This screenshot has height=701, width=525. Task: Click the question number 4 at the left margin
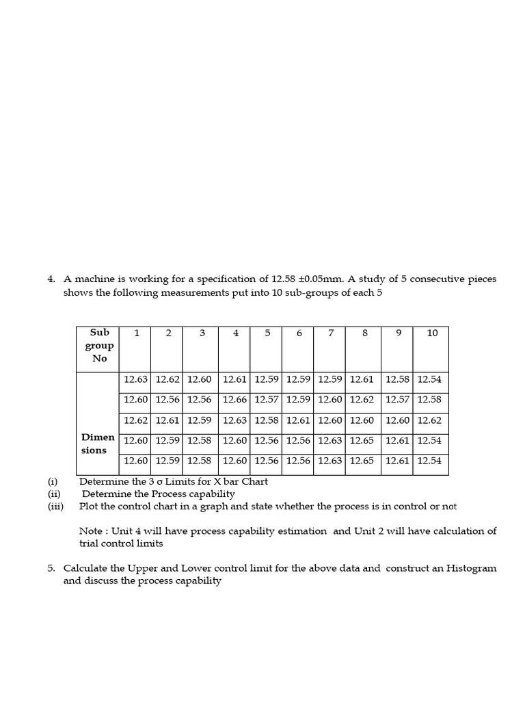(x=51, y=279)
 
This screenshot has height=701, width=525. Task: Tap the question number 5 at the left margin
(x=51, y=568)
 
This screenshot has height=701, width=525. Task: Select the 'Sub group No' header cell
(x=100, y=346)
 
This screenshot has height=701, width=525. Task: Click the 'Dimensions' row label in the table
(x=94, y=444)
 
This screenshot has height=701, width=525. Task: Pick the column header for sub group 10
(x=432, y=333)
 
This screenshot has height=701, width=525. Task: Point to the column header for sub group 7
(x=331, y=333)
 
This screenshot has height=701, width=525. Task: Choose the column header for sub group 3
(x=202, y=333)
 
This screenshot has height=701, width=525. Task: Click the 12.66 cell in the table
(x=235, y=399)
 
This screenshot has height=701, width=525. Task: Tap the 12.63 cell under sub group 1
(x=135, y=379)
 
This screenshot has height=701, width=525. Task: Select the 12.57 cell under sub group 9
(x=397, y=399)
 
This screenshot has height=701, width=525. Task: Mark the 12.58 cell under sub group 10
(x=429, y=399)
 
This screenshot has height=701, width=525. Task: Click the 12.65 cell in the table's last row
(x=362, y=461)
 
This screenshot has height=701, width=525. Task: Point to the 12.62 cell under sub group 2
(x=167, y=379)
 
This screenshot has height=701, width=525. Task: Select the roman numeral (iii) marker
(x=55, y=507)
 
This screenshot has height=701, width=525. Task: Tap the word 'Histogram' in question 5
(x=472, y=568)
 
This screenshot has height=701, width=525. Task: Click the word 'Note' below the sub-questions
(x=90, y=531)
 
